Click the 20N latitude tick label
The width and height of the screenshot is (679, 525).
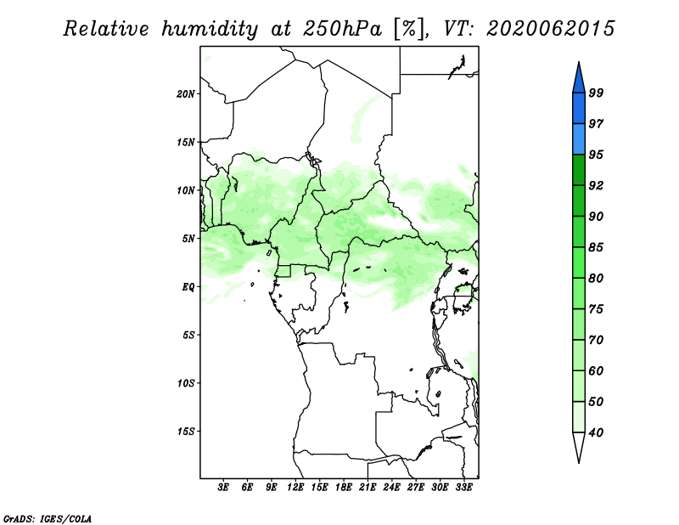point(186,93)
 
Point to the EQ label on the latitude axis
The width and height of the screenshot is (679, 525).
point(188,286)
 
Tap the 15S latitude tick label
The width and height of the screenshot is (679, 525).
point(186,432)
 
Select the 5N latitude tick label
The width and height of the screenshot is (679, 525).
point(188,239)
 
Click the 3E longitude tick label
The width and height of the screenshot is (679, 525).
point(223,487)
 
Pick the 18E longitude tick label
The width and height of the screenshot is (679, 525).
point(344,487)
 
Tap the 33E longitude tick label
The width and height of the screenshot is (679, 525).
point(463,487)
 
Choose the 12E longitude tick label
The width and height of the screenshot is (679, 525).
point(295,487)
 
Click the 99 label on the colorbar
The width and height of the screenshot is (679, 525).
point(596,93)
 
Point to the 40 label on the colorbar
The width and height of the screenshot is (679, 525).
point(596,432)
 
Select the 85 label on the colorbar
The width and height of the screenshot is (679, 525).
point(596,247)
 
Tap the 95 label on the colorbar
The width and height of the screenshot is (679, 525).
point(596,155)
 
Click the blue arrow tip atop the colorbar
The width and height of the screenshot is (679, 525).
point(579,62)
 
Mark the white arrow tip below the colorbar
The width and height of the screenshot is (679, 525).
point(579,463)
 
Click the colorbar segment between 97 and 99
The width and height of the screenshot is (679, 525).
point(579,109)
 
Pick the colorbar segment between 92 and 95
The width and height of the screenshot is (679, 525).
point(579,170)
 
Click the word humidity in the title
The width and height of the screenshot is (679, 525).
point(210,29)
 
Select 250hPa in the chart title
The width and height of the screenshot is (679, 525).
point(342,29)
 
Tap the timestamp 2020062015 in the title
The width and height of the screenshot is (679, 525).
point(550,29)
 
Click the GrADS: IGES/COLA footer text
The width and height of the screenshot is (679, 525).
point(48,518)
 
